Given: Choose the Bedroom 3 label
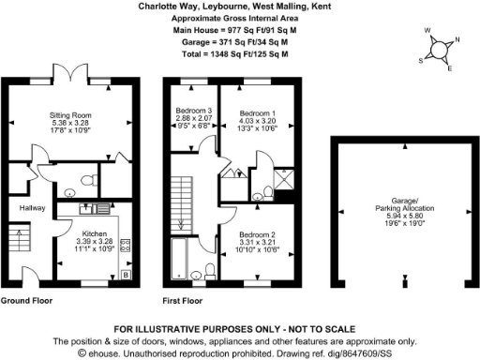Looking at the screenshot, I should [194, 112].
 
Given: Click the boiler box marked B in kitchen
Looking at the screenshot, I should [126, 275].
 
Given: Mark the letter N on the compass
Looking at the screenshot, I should [457, 41].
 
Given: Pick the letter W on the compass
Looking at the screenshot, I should [428, 31].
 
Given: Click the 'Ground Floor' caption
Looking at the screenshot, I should [25, 301].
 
